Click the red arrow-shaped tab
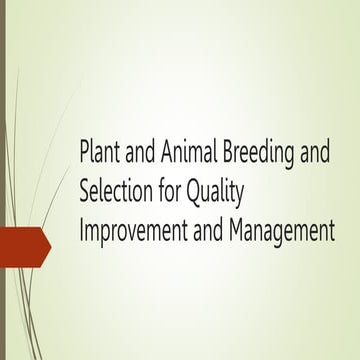[24, 244]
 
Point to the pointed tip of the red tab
[49, 244]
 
